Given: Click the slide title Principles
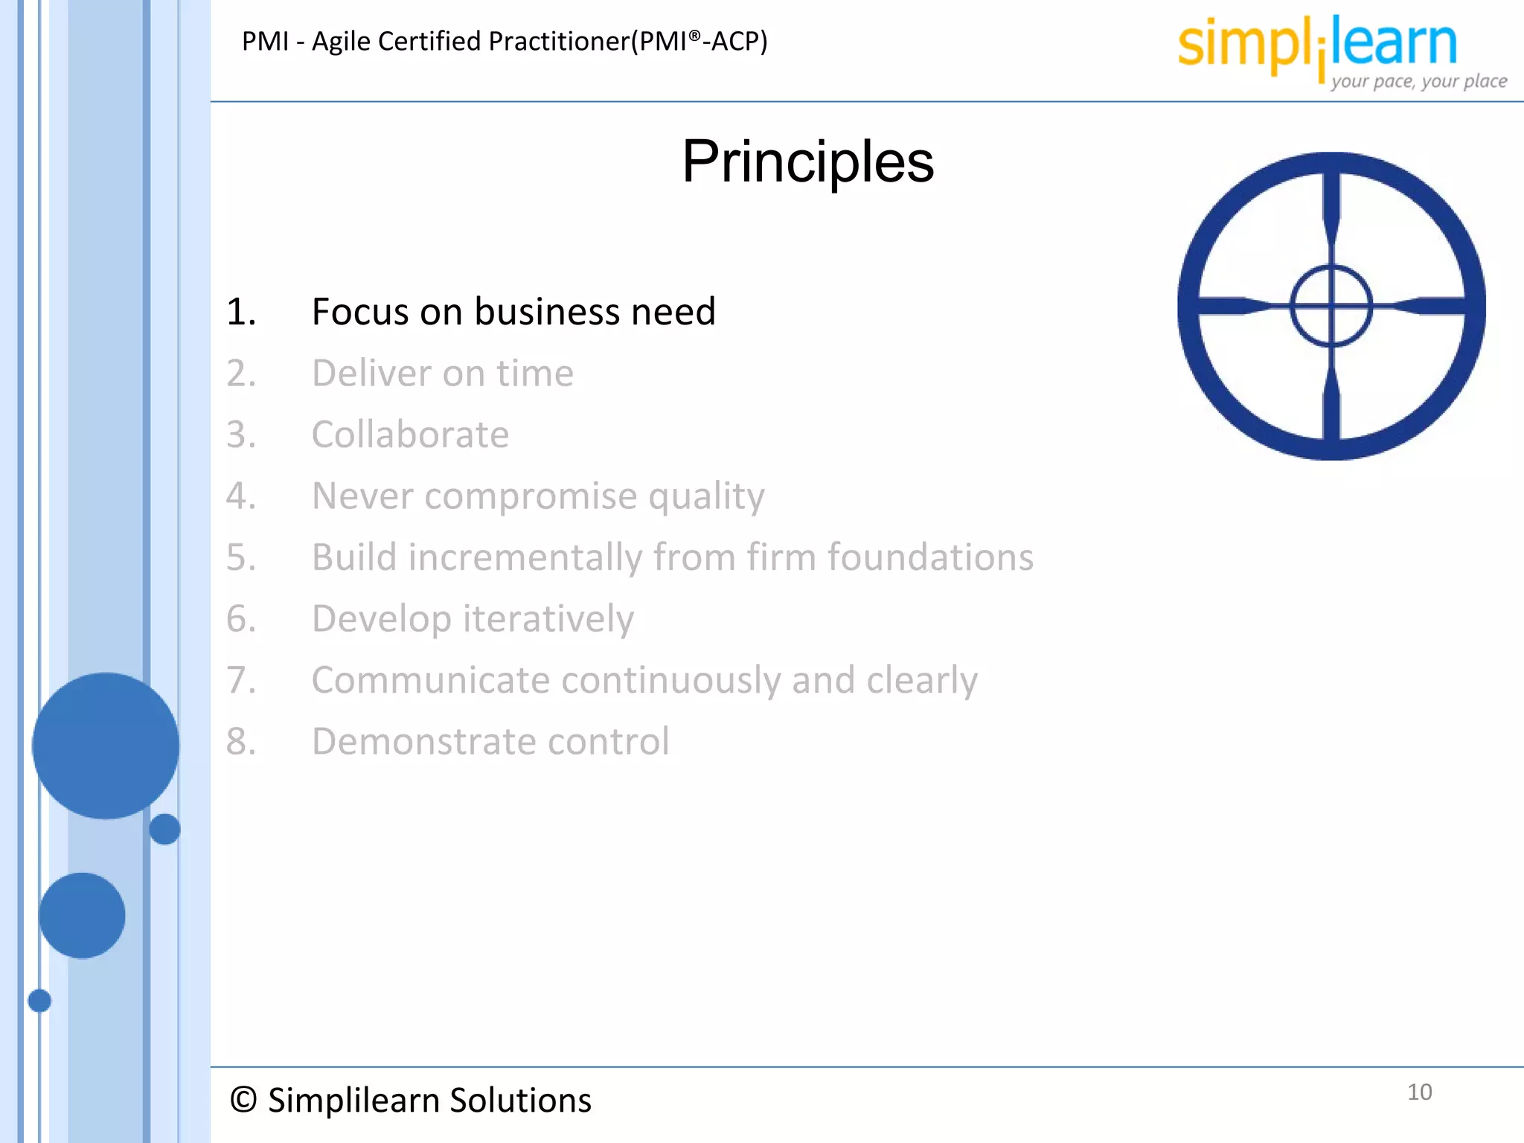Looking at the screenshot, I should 807,162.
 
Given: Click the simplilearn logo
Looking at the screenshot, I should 1317,45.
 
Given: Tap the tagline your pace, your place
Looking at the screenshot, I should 1418,81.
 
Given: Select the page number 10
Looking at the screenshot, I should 1419,1092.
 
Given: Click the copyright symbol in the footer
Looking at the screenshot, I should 243,1100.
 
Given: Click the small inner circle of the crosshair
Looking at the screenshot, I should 1331,306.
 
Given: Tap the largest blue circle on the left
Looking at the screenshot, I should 106,746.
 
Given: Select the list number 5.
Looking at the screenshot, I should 240,557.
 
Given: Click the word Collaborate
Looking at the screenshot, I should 410,435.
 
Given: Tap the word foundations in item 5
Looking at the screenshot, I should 930,557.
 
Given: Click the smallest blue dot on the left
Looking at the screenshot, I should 39,1001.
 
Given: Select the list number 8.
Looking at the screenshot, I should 240,742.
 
